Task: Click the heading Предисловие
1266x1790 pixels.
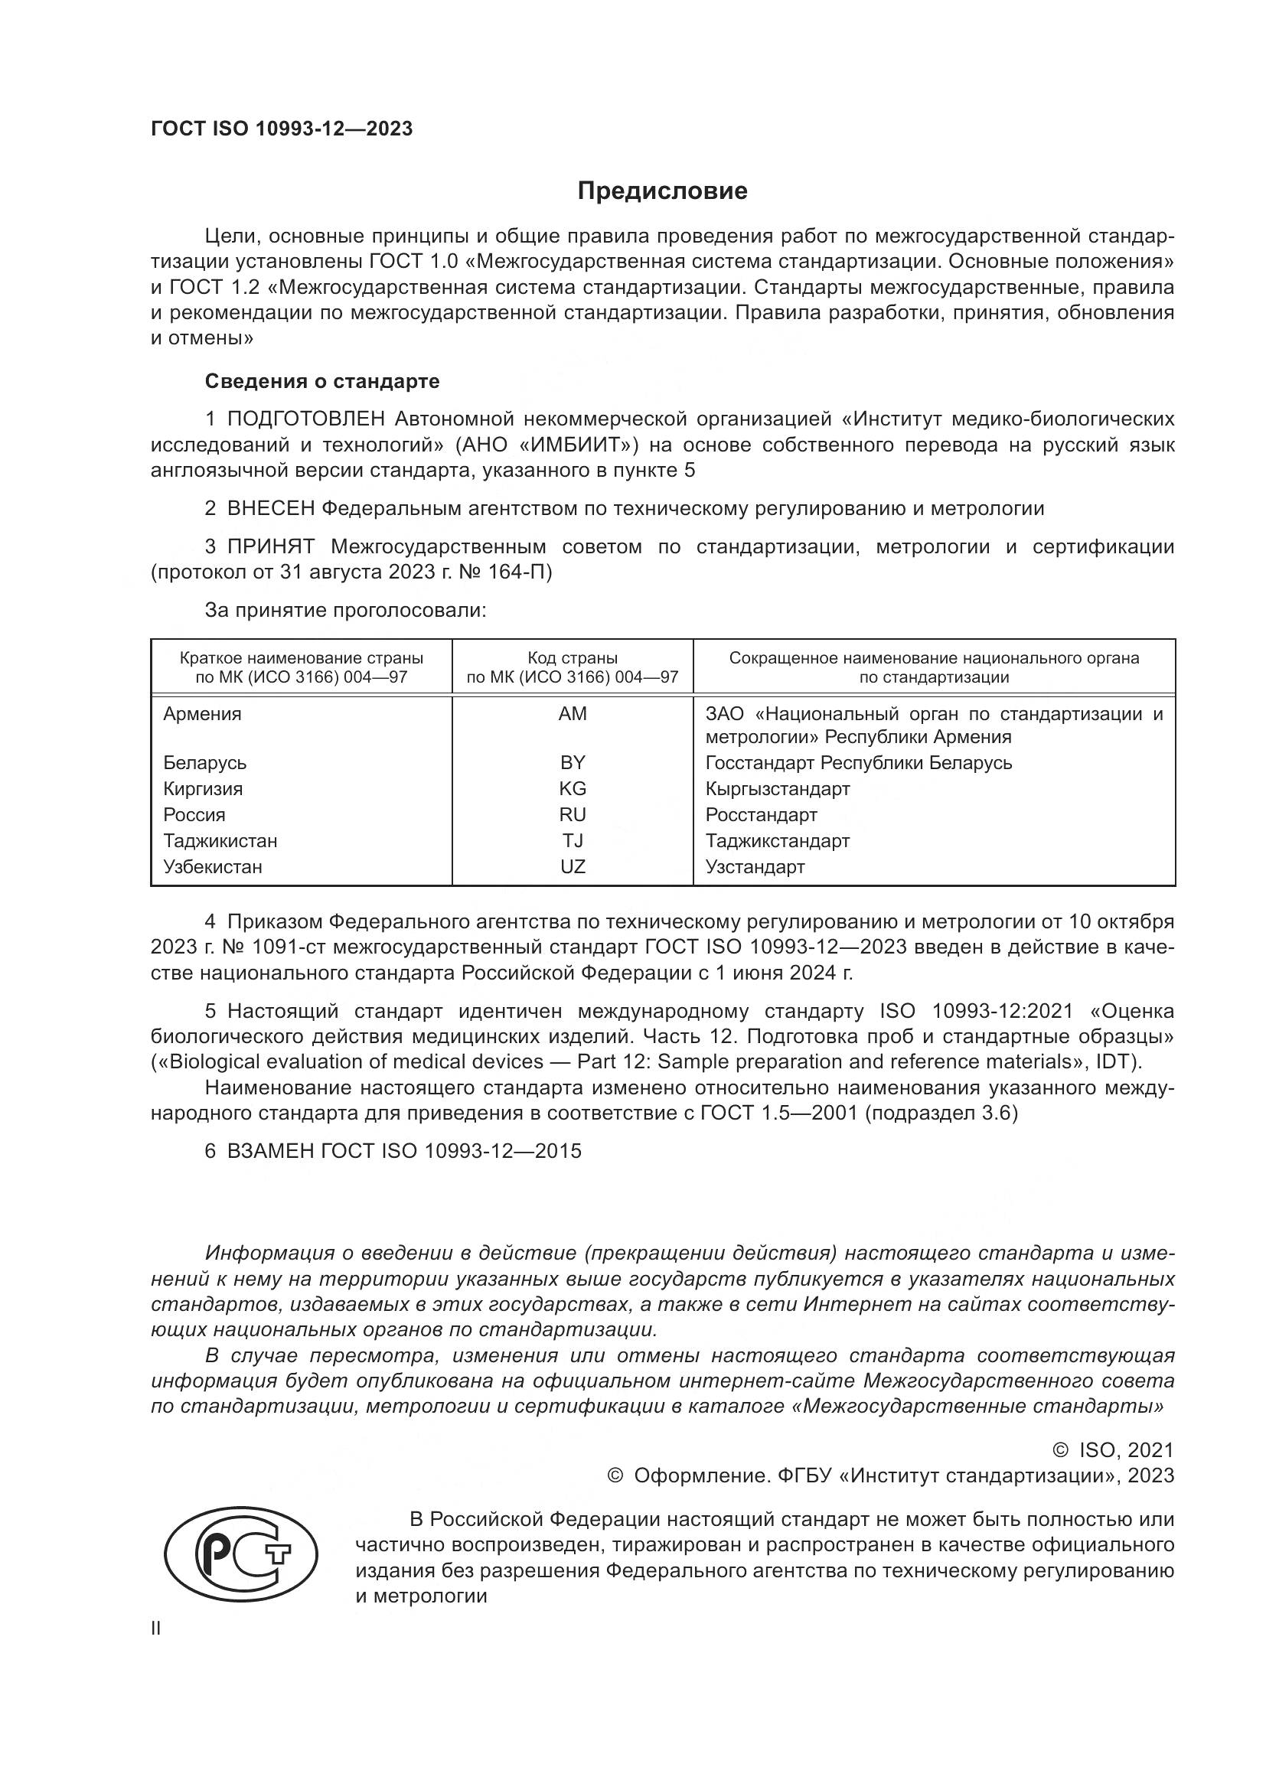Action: pos(662,191)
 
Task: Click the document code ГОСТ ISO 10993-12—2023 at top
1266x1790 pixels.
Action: pos(282,129)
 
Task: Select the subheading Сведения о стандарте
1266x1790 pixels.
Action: pos(322,381)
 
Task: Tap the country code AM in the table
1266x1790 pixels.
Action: pos(573,713)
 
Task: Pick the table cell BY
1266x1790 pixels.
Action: pos(573,762)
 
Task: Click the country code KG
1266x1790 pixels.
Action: pos(573,788)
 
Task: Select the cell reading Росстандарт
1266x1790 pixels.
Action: pos(761,815)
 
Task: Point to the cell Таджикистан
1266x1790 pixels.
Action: pos(220,840)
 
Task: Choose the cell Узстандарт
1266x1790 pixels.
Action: pos(755,867)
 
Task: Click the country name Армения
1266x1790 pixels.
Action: pos(202,713)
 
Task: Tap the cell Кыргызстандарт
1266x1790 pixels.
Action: pos(777,788)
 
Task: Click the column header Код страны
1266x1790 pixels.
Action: pos(573,658)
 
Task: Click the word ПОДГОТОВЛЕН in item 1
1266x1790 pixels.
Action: pos(305,419)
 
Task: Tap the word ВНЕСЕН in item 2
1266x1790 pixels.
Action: pos(270,509)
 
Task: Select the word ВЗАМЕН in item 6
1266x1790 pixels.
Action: pos(269,1152)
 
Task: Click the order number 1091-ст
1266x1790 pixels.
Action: pos(278,948)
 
